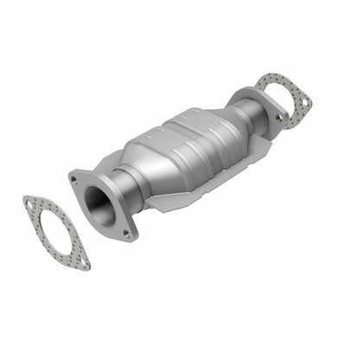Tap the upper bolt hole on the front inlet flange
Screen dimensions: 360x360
point(75,180)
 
